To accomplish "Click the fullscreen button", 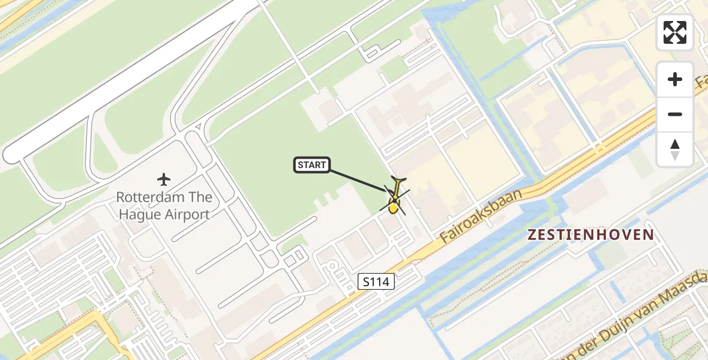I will point(675,32).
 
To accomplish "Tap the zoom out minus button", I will point(675,114).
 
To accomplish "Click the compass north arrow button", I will point(675,149).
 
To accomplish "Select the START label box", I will point(312,165).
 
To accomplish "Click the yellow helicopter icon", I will point(394,199).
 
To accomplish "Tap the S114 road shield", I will point(377,281).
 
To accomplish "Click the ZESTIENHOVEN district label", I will point(590,235).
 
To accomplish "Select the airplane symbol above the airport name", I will point(163,179).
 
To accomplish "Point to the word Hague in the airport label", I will point(138,214).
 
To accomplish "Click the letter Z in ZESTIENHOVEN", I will point(532,235).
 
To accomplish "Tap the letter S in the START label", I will point(300,165).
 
